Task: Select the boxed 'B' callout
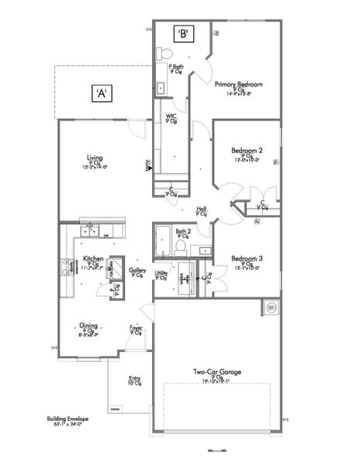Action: pyautogui.click(x=184, y=33)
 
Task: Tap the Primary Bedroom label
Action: pyautogui.click(x=238, y=84)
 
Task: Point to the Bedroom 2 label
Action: pyautogui.click(x=247, y=150)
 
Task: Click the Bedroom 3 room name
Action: pyautogui.click(x=247, y=258)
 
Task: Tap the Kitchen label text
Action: pyautogui.click(x=93, y=258)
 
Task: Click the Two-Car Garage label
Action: pyautogui.click(x=217, y=372)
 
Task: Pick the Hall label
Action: pyautogui.click(x=202, y=208)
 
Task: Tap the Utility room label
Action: pyautogui.click(x=161, y=273)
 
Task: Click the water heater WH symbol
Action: pyautogui.click(x=272, y=307)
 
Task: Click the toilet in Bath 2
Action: pyautogui.click(x=181, y=245)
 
